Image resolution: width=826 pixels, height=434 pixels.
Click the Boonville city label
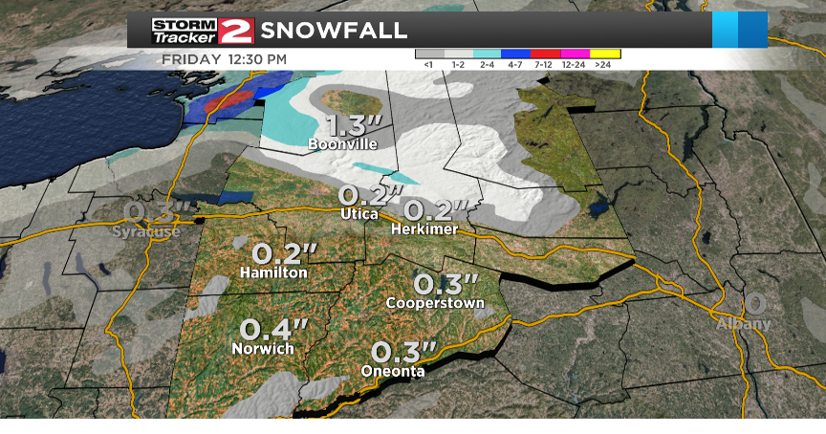click(342, 144)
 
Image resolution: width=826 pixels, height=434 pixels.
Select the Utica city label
click(359, 215)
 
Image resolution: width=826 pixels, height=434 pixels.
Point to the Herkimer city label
click(425, 229)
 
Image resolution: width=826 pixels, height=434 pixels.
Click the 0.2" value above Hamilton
click(283, 254)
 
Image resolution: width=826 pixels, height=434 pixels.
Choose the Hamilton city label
click(274, 272)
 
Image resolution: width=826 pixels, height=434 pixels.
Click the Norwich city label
click(263, 349)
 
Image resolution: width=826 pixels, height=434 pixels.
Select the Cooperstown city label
click(435, 303)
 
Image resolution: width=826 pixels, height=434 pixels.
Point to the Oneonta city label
click(393, 371)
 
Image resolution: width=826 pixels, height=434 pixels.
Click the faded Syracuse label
click(146, 232)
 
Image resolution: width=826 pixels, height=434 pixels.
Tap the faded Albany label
click(744, 324)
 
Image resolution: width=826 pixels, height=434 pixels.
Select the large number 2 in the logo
click(236, 31)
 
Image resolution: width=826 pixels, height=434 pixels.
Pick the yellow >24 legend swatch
click(603, 54)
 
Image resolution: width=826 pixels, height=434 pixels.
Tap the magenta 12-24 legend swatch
click(575, 54)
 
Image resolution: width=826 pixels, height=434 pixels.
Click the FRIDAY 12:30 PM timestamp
click(224, 59)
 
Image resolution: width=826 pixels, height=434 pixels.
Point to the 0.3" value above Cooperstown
click(445, 284)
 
